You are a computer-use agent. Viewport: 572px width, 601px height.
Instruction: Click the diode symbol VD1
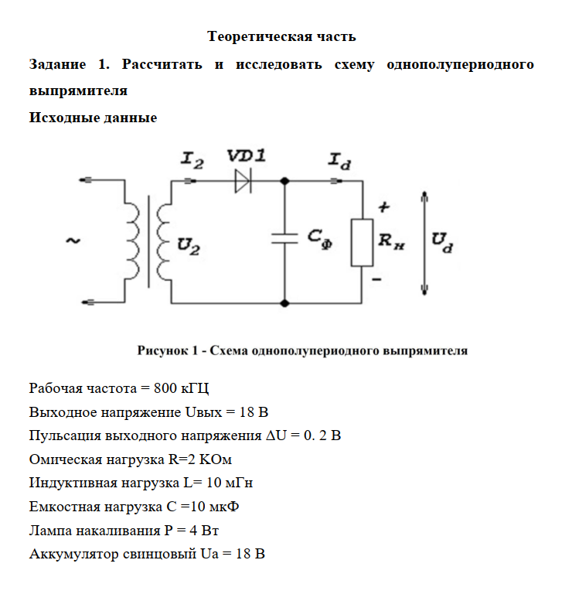point(243,181)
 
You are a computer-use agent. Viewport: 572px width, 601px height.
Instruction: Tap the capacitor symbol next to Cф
point(284,238)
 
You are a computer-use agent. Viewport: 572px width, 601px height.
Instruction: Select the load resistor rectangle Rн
point(362,243)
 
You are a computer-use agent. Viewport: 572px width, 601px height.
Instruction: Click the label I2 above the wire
point(192,160)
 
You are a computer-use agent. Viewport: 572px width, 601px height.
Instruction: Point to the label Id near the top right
point(339,161)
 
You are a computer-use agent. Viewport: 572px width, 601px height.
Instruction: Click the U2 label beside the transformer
point(189,247)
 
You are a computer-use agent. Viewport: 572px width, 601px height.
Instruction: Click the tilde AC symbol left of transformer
point(73,241)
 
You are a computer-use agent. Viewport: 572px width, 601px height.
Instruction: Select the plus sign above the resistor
point(383,207)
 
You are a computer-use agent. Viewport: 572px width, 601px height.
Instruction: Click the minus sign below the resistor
point(376,279)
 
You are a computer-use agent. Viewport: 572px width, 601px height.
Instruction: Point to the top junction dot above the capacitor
point(284,181)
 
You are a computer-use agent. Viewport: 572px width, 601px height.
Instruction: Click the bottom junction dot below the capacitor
point(284,303)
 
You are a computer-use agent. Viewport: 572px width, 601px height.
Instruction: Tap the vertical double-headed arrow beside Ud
point(424,243)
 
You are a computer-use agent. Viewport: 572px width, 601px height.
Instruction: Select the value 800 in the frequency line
point(165,388)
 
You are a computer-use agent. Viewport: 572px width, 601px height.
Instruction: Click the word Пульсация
point(65,435)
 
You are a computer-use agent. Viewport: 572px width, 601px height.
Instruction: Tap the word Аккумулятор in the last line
point(74,555)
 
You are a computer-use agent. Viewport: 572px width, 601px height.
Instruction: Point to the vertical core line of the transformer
point(148,241)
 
